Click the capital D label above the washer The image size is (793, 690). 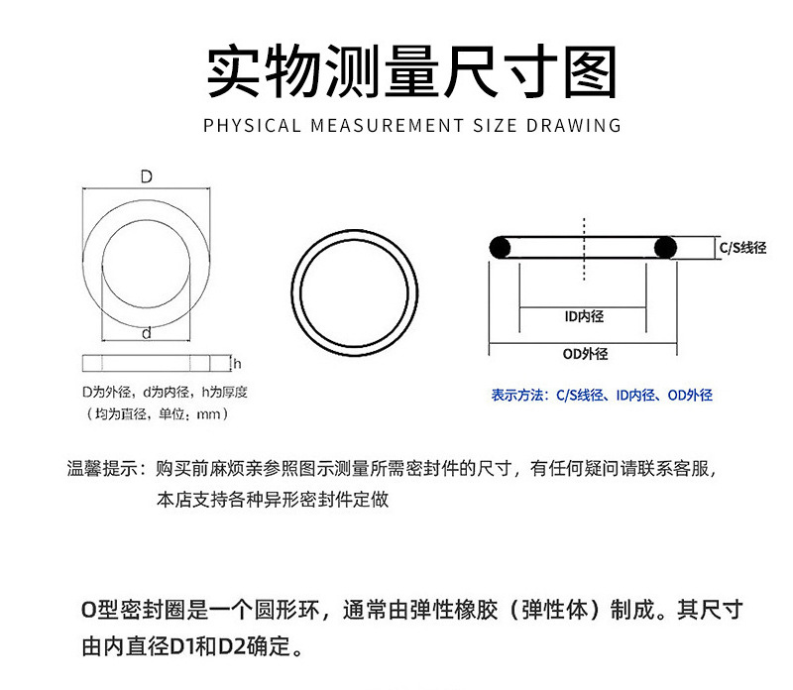pyautogui.click(x=146, y=177)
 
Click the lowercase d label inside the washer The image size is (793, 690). pyautogui.click(x=146, y=333)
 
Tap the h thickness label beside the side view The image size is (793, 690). pyautogui.click(x=238, y=363)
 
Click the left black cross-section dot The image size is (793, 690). pyautogui.click(x=500, y=247)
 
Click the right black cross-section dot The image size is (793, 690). pyautogui.click(x=664, y=247)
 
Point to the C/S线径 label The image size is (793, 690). pyautogui.click(x=742, y=248)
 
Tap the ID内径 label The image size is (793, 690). pyautogui.click(x=583, y=316)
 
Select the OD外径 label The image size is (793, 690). pyautogui.click(x=584, y=354)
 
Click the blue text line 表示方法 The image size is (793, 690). pyautogui.click(x=602, y=395)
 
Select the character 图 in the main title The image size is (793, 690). pyautogui.click(x=584, y=72)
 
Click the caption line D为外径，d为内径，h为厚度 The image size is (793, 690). pyautogui.click(x=164, y=392)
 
